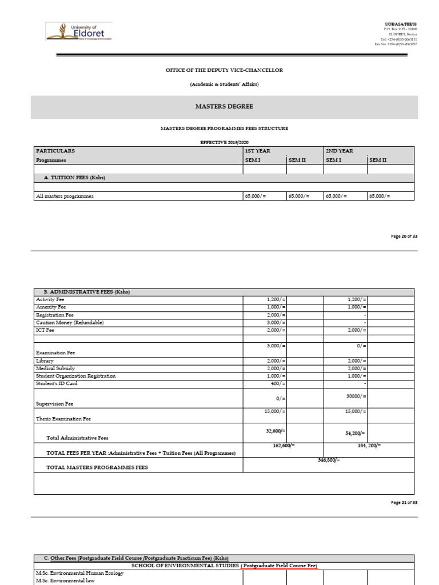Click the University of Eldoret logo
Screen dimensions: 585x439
tap(79, 32)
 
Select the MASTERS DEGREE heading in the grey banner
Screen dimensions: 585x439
tap(224, 107)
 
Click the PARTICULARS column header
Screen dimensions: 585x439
tap(55, 151)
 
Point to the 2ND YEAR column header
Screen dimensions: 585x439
tap(340, 151)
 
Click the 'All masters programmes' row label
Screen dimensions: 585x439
tap(65, 196)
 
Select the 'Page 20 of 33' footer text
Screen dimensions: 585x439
tap(404, 236)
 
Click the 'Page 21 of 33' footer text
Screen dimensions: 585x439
tap(404, 502)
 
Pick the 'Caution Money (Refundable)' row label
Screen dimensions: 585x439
tap(70, 322)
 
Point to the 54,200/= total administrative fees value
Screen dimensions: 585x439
tap(355, 433)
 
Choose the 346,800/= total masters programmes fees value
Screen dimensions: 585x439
tap(329, 460)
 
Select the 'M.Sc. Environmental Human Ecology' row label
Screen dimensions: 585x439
tap(79, 573)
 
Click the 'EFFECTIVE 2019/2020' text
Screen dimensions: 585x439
tap(224, 141)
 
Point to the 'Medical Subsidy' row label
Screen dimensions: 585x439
tap(55, 368)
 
